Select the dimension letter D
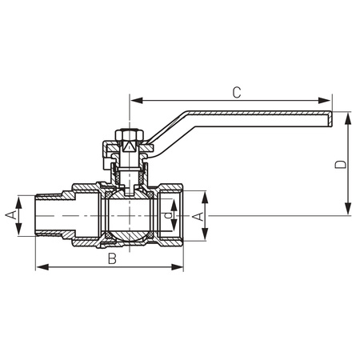tap(339, 165)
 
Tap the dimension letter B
tap(112, 258)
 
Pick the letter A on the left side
tap(11, 215)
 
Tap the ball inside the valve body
tap(128, 214)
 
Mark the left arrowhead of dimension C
tap(133, 101)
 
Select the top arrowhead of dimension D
tap(349, 117)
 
